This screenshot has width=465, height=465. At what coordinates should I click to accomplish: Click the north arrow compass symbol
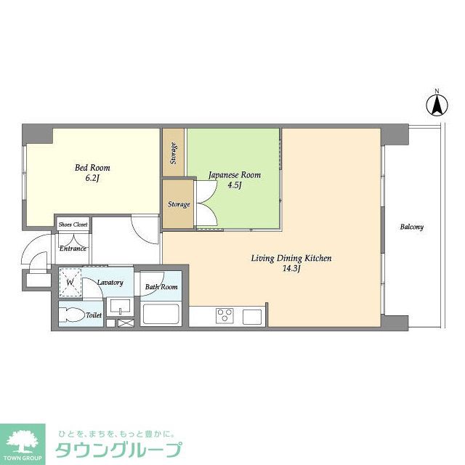pos(437,104)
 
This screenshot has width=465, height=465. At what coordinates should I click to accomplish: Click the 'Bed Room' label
pos(92,168)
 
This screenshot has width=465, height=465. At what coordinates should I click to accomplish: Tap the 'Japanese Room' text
pos(234,175)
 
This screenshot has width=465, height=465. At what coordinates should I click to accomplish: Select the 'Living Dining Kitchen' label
pos(291,258)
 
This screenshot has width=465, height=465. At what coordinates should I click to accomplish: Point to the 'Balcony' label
pos(411,227)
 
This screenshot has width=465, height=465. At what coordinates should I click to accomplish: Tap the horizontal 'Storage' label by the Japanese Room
pos(178,204)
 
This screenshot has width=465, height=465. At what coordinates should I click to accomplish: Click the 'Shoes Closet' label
pos(73,225)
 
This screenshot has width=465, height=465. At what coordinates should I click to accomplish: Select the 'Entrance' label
pos(73,248)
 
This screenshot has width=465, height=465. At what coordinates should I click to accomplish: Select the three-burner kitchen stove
pos(223,316)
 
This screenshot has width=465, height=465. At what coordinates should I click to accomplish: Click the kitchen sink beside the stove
pos(252,316)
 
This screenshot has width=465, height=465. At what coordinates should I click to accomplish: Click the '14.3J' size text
pos(291,269)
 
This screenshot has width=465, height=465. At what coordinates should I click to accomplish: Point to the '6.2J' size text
pos(92,178)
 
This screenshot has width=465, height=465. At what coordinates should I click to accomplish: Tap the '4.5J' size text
pos(234,185)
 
